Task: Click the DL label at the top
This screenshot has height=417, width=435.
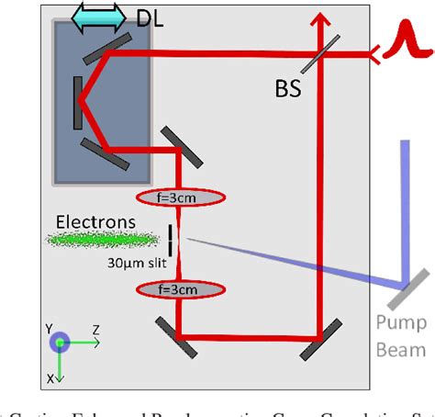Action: [x=153, y=17]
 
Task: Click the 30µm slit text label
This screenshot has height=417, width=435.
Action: [x=135, y=261]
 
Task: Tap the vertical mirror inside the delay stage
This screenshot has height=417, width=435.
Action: [x=77, y=102]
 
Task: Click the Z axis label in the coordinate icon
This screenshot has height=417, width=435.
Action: [x=95, y=328]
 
